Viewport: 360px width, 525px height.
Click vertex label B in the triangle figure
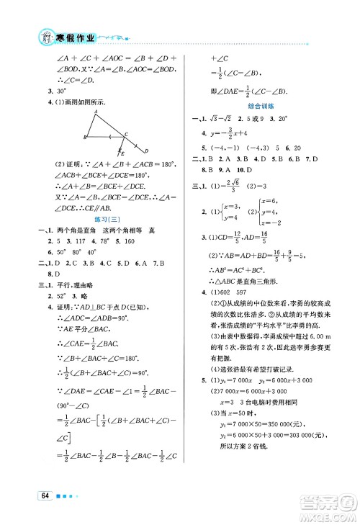coord(85,137)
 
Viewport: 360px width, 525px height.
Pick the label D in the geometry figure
coord(145,151)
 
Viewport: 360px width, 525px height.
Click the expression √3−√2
coord(220,118)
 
